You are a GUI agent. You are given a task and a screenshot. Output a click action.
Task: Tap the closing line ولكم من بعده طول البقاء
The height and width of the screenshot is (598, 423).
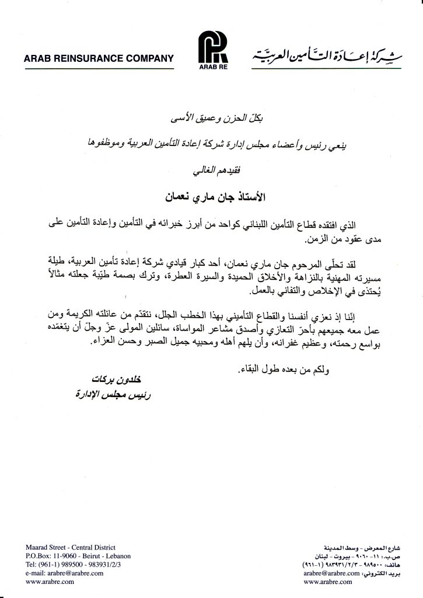tap(274, 370)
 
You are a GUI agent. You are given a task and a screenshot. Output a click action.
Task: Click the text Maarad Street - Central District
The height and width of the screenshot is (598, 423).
tap(71, 547)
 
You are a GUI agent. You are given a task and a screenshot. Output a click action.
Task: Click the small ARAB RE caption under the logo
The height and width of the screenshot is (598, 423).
tap(211, 68)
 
